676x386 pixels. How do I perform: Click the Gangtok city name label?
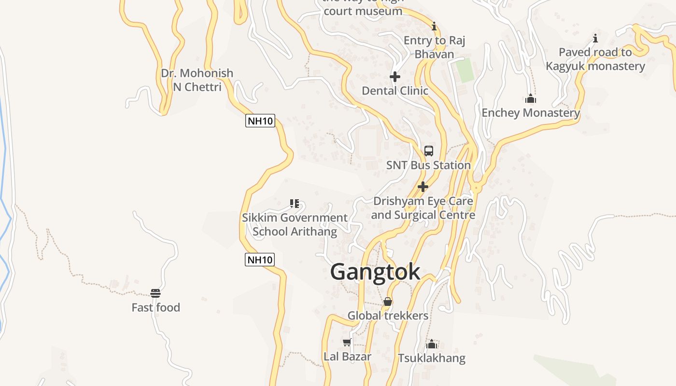375,272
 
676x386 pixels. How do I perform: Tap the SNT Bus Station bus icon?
429,151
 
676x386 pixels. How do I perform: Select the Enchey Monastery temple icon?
531,99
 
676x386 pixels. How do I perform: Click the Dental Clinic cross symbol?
395,77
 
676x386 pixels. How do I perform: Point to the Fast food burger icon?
155,293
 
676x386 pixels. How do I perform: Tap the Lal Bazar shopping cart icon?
347,343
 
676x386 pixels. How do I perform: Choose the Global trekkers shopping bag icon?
387,302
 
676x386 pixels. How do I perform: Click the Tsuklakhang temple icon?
432,344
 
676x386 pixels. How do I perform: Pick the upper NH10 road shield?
260,121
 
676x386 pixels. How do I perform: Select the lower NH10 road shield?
260,260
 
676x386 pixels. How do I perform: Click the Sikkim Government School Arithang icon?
295,204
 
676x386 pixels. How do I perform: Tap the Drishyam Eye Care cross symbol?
423,187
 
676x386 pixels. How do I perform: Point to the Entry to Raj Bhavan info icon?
434,26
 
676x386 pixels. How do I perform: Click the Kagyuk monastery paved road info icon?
595,38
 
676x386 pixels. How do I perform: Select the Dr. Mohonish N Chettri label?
197,80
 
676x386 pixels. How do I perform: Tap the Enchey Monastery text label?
531,113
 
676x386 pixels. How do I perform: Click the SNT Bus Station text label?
428,165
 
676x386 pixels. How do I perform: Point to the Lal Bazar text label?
347,357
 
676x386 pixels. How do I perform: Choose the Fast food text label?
155,307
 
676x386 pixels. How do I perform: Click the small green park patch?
465,70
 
